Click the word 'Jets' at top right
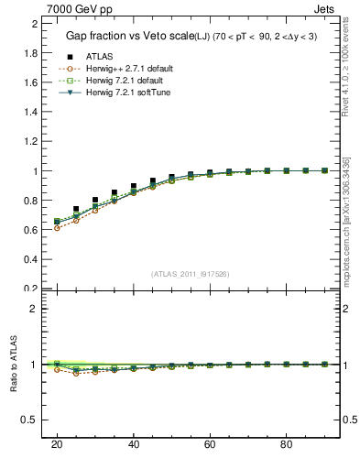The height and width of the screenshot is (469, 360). coord(325,8)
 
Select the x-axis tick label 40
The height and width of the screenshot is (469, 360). coord(134,444)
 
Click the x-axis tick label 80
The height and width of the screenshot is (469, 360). coord(287,444)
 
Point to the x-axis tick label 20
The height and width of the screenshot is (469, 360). coord(57,444)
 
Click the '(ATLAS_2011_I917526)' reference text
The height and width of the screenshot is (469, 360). coord(191,273)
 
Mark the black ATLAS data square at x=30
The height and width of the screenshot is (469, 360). coord(95,200)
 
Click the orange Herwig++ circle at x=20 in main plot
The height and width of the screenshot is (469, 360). coord(57,227)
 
